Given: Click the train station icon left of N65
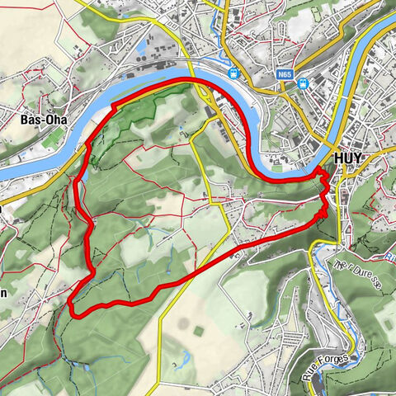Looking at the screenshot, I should click(234, 73).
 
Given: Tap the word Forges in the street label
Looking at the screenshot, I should click(335, 357).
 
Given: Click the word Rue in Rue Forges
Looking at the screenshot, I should click(311, 375).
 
